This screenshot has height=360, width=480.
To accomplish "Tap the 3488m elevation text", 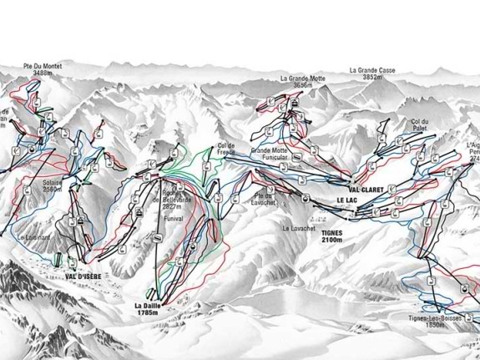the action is (x=45, y=74).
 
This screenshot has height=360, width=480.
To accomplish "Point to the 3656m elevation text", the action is (x=303, y=86).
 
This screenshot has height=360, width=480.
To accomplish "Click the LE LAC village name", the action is (x=347, y=202).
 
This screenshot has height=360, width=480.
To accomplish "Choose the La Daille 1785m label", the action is (x=150, y=310).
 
